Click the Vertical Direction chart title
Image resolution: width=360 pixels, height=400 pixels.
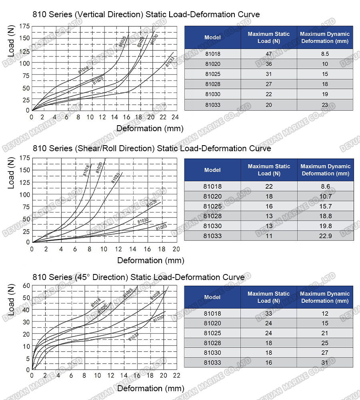point(146,14)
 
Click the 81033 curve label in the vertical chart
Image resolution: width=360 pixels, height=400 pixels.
point(170,62)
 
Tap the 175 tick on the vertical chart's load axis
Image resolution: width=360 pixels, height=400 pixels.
point(24,26)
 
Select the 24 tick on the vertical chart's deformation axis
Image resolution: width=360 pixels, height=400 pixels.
point(174,117)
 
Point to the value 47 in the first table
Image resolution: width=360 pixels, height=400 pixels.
point(269,54)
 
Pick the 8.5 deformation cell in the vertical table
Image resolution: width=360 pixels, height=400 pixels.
point(325,54)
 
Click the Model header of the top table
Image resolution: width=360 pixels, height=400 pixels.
point(212,38)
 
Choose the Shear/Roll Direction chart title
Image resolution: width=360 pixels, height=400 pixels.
point(152,148)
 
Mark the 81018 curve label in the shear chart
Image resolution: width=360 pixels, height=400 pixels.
point(87,170)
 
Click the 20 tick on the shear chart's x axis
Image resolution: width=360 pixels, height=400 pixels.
point(176,249)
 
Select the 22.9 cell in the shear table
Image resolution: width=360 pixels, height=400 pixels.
point(325,236)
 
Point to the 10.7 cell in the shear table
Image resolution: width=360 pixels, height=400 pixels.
point(325,196)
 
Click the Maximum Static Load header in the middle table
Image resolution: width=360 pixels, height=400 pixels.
point(269,170)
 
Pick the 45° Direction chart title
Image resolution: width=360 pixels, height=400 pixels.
point(138,277)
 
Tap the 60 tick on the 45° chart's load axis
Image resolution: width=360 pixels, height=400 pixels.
point(26,285)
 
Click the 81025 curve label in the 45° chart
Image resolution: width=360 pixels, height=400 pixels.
point(128,293)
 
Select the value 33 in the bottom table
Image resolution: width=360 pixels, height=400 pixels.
point(268,314)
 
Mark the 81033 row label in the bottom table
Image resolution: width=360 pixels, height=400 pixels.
point(212,362)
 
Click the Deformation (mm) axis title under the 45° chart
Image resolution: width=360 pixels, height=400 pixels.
point(151,388)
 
